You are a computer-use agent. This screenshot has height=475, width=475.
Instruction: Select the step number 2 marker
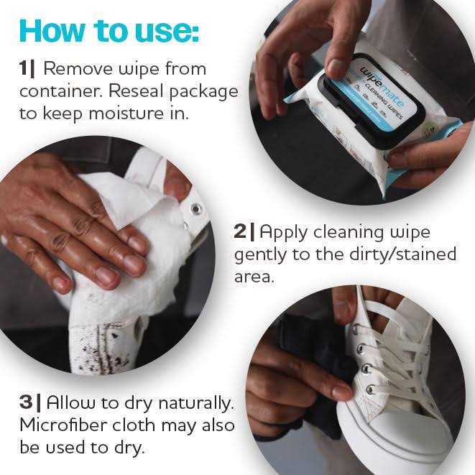(242, 231)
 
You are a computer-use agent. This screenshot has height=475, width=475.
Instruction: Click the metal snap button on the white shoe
(195, 209)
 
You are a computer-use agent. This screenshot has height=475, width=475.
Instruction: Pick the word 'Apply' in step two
(285, 231)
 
